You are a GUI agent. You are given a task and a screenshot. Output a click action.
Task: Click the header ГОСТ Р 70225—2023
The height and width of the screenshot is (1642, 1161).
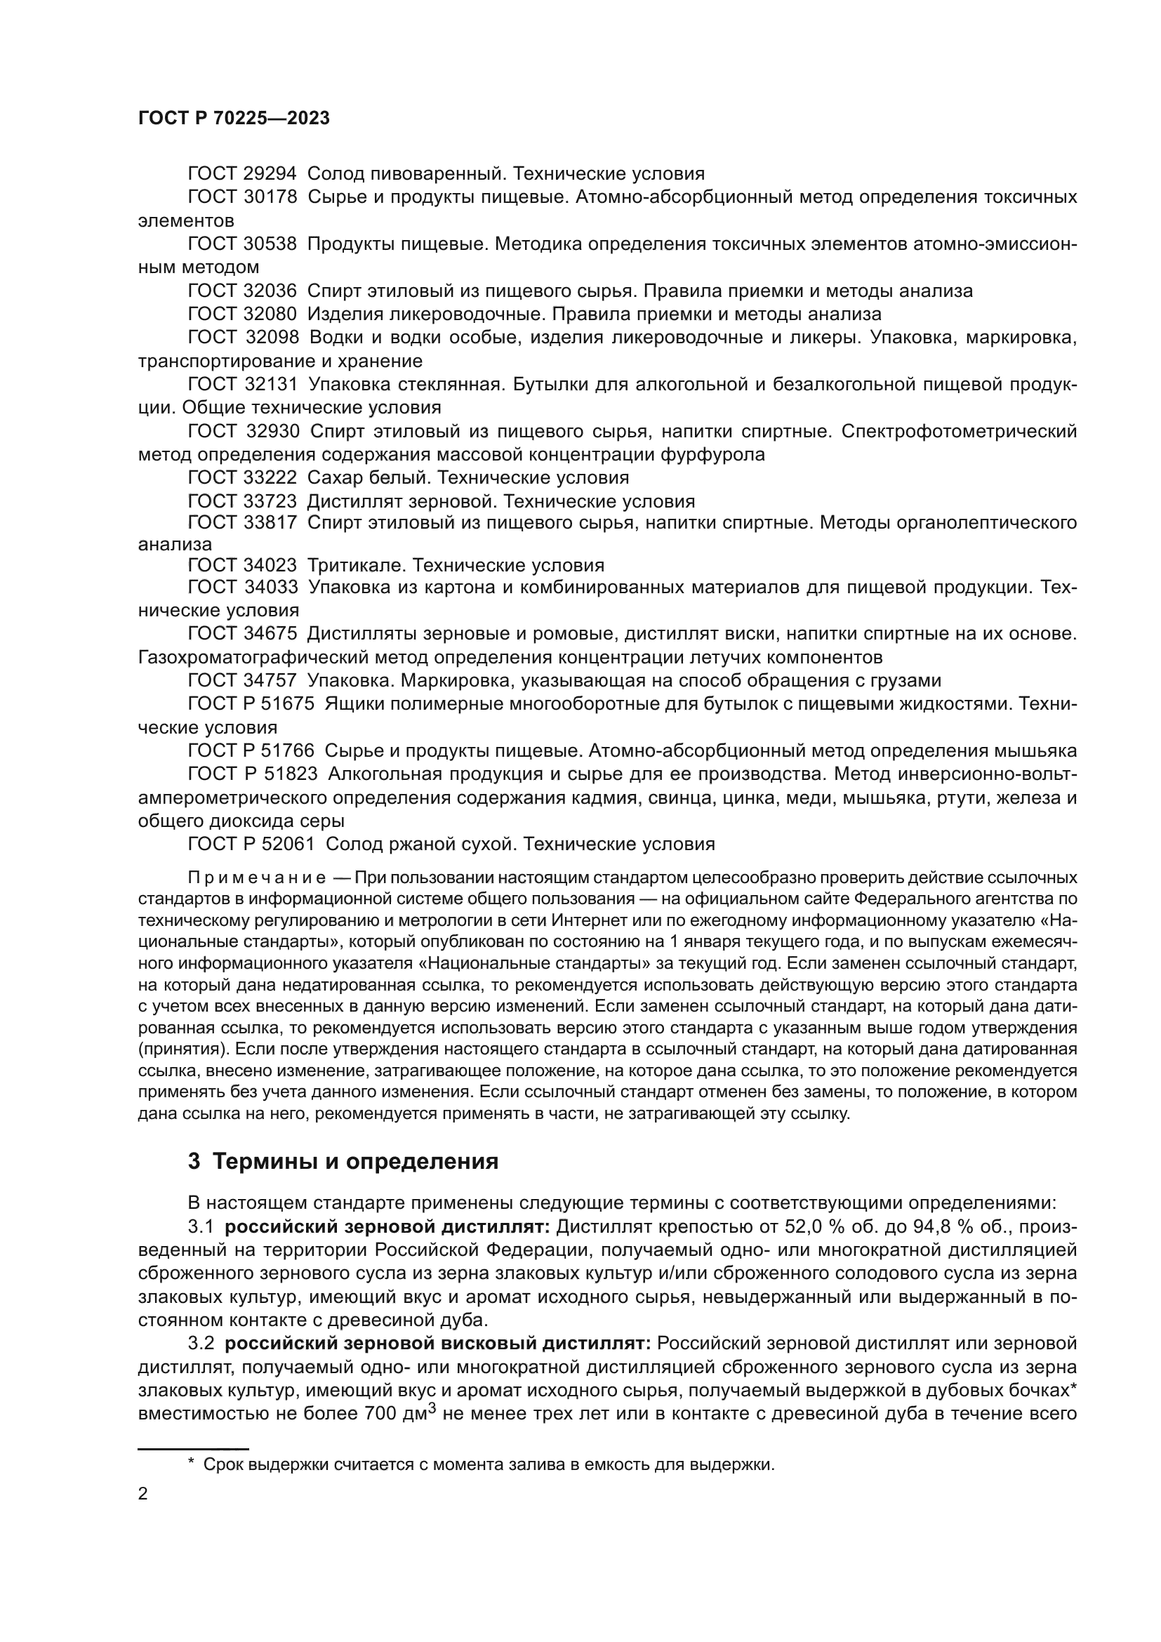(x=234, y=119)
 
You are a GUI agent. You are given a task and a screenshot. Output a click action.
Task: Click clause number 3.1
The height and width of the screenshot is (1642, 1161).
(x=201, y=1228)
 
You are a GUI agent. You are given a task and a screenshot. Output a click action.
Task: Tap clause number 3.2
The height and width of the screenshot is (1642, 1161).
(x=201, y=1344)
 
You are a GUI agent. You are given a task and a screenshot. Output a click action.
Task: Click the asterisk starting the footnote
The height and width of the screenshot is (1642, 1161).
(x=192, y=1464)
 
